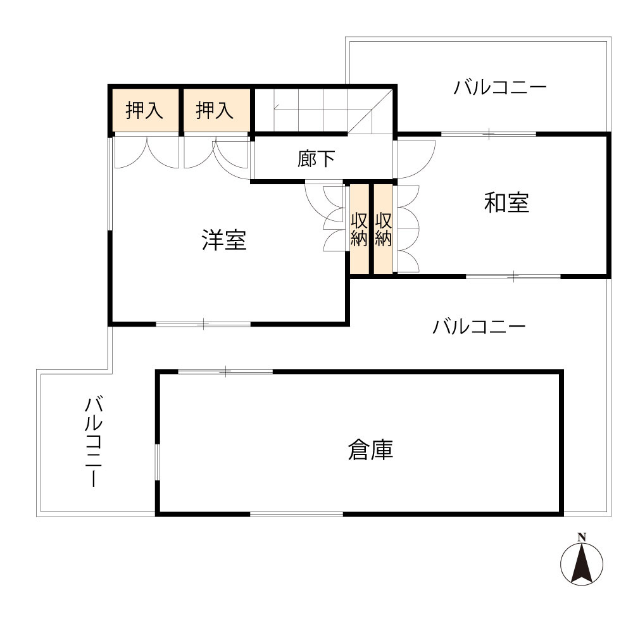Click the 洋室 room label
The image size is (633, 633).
(x=224, y=241)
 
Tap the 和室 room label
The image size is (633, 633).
(x=506, y=203)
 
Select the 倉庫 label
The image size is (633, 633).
(x=370, y=450)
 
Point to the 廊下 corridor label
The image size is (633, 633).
(x=316, y=159)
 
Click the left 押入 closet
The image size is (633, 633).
(x=145, y=111)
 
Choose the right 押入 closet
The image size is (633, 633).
(x=215, y=111)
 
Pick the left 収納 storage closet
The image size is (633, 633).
(x=360, y=229)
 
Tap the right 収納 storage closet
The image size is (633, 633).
(x=383, y=229)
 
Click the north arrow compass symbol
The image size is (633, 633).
(x=582, y=563)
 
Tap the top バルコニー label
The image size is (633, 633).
(x=499, y=87)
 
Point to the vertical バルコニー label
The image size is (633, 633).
(x=94, y=442)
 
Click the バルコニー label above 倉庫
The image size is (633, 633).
(x=479, y=328)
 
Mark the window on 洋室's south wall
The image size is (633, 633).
(x=203, y=325)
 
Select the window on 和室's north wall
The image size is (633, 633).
(x=489, y=134)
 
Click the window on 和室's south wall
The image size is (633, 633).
(x=513, y=276)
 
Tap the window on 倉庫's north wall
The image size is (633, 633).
(x=225, y=372)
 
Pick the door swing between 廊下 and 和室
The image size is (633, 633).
(x=415, y=158)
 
